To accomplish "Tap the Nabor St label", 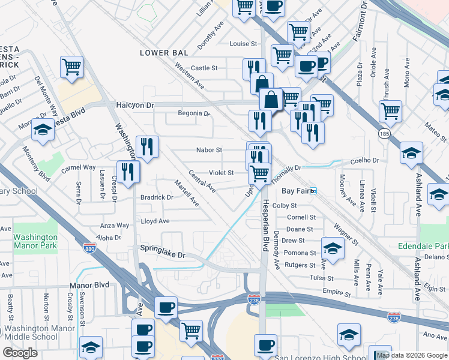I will [x=209, y=150].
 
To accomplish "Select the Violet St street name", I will [x=221, y=173].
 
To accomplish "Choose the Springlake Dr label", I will [x=163, y=254].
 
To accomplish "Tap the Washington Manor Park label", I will [x=35, y=241].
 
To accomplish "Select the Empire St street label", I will [x=336, y=293].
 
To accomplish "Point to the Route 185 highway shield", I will [x=384, y=134].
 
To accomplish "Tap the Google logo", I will [x=20, y=353].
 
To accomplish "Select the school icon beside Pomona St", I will [x=333, y=247].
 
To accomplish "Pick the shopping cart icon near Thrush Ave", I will [x=390, y=110].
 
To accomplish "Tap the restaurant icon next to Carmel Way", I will [x=128, y=171].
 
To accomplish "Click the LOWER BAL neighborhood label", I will [x=163, y=53].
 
